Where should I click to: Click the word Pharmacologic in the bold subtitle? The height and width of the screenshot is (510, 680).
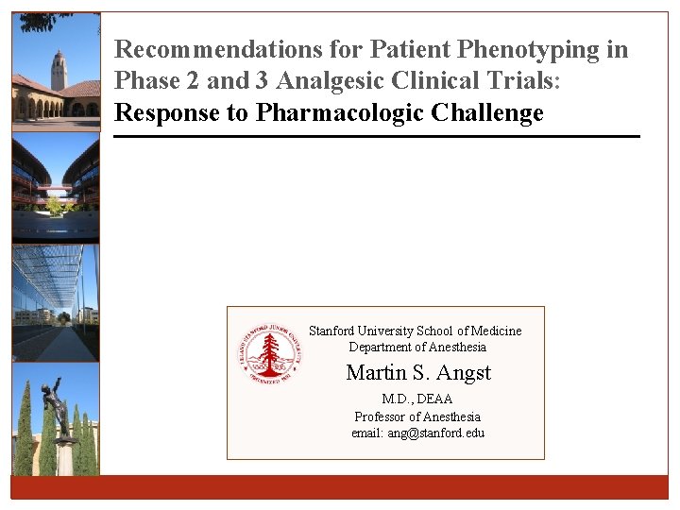point(342,113)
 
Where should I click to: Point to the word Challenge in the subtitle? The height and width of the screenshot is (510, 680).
point(487,113)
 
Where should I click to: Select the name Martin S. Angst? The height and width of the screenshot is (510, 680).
point(418,372)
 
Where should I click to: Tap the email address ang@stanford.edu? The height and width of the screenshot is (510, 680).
point(417,433)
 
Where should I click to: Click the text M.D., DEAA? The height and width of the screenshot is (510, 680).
point(417,399)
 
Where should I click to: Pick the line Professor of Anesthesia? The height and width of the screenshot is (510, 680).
point(417,416)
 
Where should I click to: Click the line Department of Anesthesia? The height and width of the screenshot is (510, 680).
point(417,347)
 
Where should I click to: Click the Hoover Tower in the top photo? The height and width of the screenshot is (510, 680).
point(59,72)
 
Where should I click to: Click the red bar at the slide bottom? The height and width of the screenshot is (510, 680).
point(340,486)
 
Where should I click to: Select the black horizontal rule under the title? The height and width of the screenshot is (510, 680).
point(377,137)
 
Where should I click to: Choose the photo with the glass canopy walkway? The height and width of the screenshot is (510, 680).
point(56,302)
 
